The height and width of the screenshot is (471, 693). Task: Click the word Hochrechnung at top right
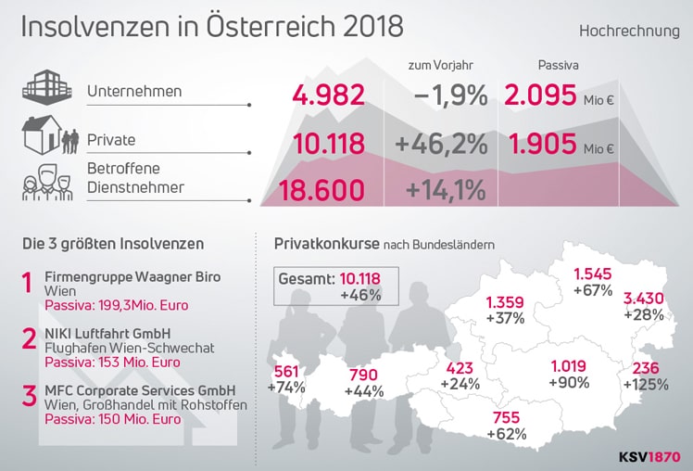pos(629,31)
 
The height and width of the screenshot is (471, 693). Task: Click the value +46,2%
pos(441,145)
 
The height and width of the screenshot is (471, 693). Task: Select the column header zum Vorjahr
pos(440,65)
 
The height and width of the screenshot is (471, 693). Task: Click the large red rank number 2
pos(30,337)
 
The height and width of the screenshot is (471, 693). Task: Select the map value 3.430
pos(642,298)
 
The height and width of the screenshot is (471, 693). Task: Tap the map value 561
pos(286,371)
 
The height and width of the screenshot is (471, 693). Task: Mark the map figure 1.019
pos(569,364)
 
